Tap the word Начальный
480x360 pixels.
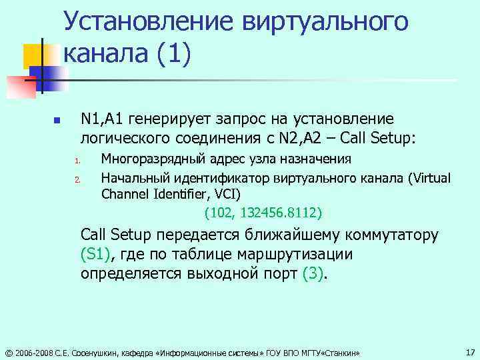133,177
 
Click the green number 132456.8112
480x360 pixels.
277,213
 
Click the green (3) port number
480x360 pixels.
312,274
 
